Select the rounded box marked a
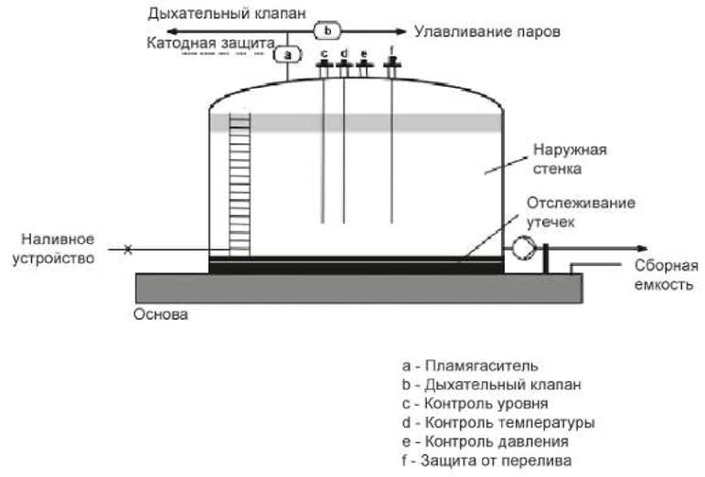(288, 54)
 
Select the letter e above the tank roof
(364, 52)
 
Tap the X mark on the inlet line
(128, 249)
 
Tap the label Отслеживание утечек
(581, 211)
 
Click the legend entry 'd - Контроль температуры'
(497, 423)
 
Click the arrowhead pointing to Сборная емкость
(643, 249)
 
